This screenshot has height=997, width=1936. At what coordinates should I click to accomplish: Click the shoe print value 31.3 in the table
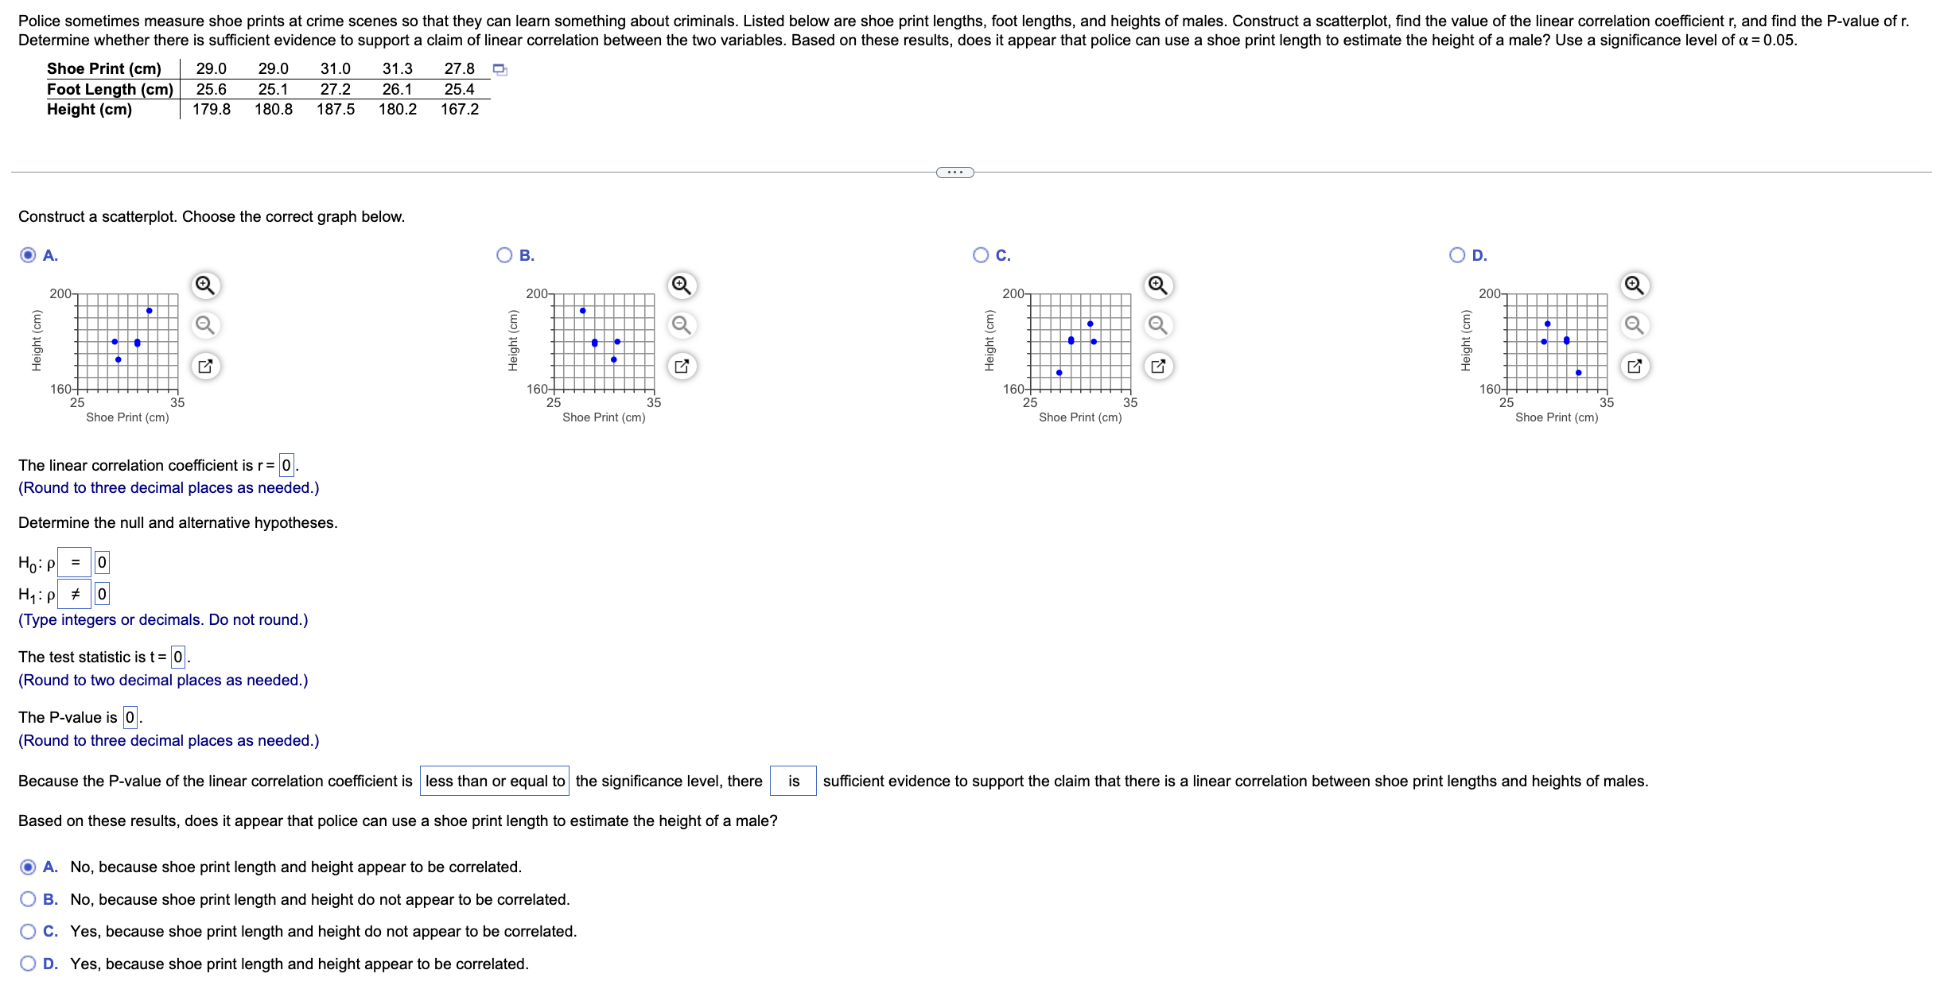tap(397, 69)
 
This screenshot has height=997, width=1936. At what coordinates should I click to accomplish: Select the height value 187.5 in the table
tap(336, 110)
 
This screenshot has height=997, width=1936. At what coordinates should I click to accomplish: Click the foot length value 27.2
tap(335, 89)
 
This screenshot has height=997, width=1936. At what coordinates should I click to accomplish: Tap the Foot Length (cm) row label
tap(110, 89)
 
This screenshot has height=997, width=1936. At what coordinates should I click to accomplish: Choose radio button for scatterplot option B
tap(504, 255)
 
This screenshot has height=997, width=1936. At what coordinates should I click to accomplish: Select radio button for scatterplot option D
tap(1457, 255)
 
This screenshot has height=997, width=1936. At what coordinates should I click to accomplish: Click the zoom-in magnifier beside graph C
tap(1157, 285)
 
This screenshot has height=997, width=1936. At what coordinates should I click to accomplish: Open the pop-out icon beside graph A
tap(205, 367)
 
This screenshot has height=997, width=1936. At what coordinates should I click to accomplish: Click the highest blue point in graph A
tap(149, 311)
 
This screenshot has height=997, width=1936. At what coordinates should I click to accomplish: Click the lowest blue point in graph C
tap(1059, 372)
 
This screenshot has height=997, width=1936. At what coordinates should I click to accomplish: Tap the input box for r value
tap(286, 465)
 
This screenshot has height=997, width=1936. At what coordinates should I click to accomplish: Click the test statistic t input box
tap(178, 657)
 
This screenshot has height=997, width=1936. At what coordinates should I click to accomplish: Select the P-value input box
tap(130, 717)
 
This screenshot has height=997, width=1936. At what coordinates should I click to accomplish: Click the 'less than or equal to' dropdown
tap(494, 781)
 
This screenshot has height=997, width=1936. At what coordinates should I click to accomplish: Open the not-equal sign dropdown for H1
tap(75, 594)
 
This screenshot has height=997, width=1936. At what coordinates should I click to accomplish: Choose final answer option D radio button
tap(28, 964)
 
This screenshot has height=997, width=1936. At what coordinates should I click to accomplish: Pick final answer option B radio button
tap(28, 899)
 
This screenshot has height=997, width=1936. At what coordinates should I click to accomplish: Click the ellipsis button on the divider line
tap(954, 173)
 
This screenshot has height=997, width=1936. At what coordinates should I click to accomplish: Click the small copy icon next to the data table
tap(500, 70)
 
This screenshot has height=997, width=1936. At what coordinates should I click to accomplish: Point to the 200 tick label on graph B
tap(537, 293)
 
